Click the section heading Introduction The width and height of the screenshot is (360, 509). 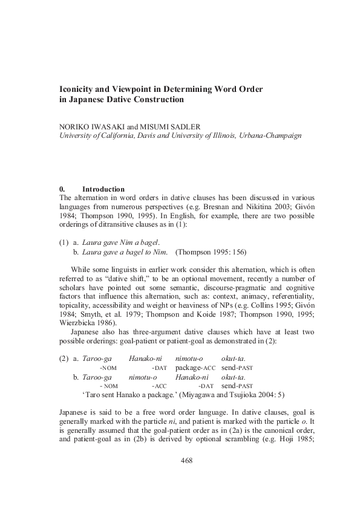[x=103, y=189]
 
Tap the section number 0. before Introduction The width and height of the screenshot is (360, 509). [x=62, y=189]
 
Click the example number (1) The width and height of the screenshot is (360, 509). [x=64, y=242]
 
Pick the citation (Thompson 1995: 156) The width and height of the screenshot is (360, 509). [x=211, y=251]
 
